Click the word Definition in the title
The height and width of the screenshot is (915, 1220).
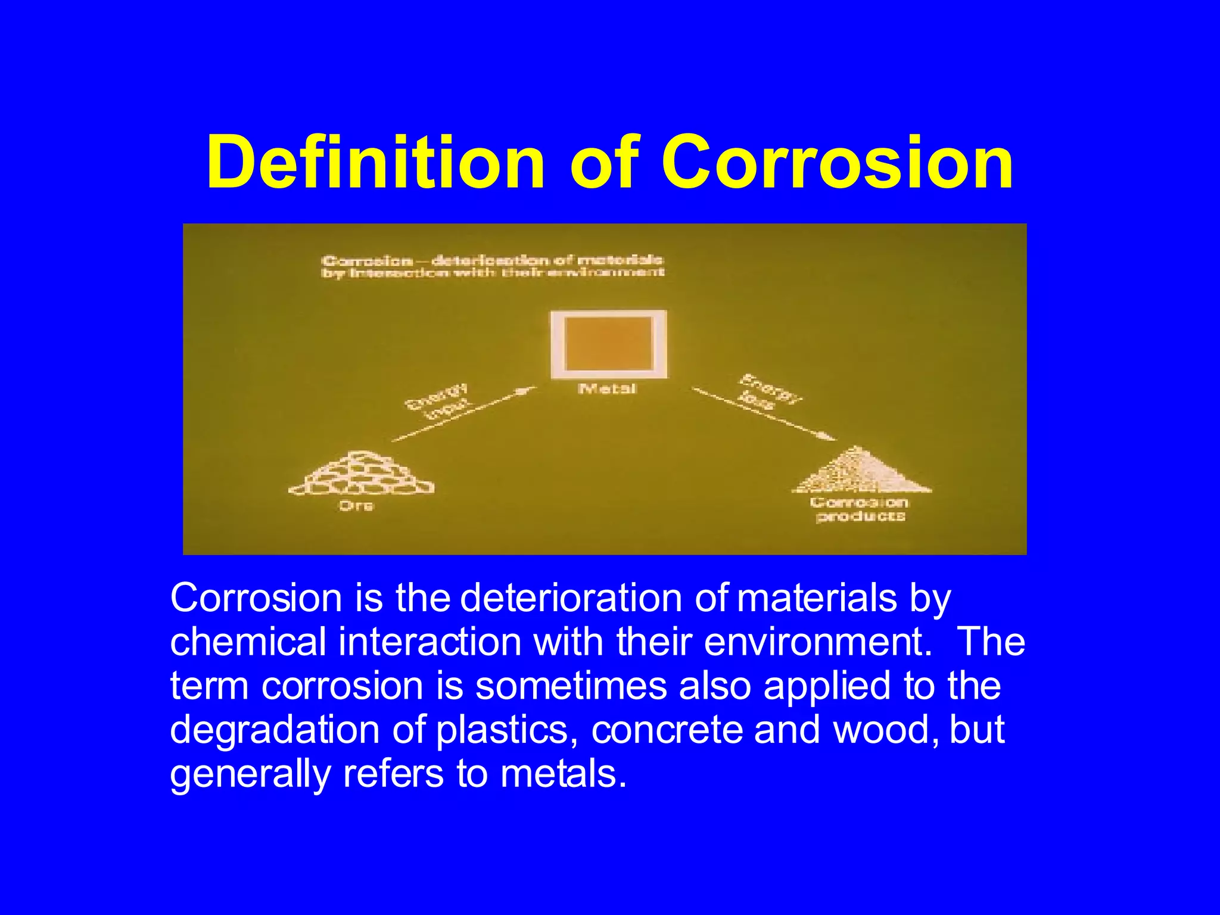point(376,162)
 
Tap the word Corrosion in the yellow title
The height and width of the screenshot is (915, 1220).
point(837,162)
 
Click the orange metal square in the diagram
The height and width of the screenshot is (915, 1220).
point(608,344)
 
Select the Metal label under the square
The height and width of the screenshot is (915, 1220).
point(608,389)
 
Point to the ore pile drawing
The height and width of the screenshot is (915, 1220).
point(361,474)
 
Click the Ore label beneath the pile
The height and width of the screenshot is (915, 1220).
point(356,506)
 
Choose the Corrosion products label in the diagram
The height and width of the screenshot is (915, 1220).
point(860,509)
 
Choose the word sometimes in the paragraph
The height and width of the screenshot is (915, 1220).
point(571,686)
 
